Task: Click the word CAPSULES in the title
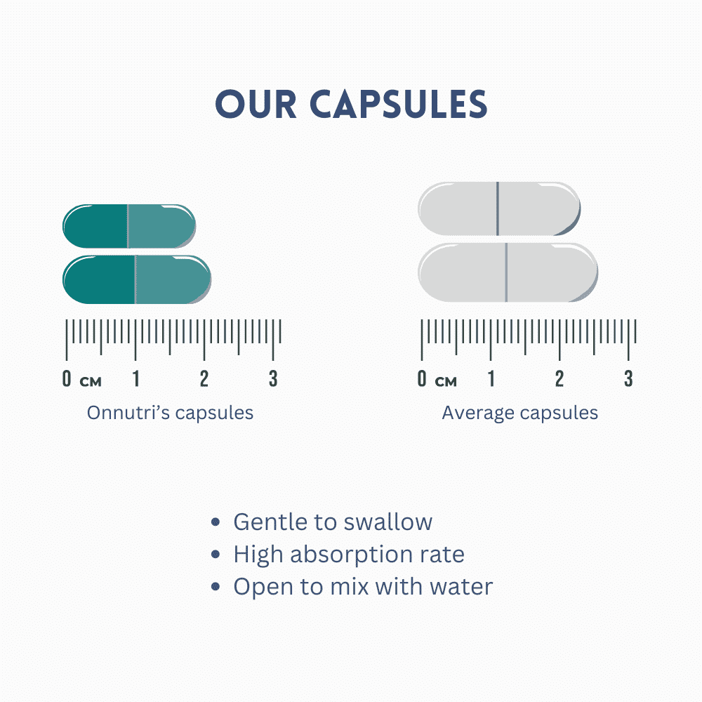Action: click(398, 104)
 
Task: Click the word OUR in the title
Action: click(256, 104)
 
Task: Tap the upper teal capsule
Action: click(129, 226)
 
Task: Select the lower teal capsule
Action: click(137, 280)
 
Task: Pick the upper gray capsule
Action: click(499, 208)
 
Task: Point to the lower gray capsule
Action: click(508, 272)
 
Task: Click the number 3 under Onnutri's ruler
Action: click(273, 379)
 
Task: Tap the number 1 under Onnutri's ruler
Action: click(136, 379)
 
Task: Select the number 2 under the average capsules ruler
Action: click(559, 379)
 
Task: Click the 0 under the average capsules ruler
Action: click(422, 379)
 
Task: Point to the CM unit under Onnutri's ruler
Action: click(91, 381)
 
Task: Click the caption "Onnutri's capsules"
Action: click(170, 413)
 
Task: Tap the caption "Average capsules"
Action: click(519, 413)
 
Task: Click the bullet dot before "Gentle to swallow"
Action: click(216, 522)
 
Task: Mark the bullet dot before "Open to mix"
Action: click(216, 586)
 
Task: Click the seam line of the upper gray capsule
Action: click(498, 208)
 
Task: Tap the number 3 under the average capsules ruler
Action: click(628, 379)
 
